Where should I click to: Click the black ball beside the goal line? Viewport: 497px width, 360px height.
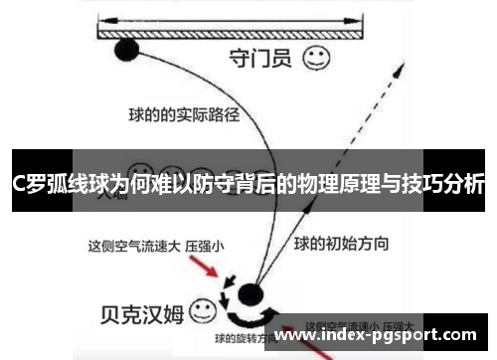[126, 49]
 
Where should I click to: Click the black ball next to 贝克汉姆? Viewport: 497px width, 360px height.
[248, 293]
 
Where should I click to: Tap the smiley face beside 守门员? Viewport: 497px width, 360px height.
[315, 58]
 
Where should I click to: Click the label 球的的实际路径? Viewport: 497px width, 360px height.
[183, 114]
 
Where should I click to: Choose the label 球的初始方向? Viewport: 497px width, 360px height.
[341, 243]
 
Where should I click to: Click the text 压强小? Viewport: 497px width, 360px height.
[205, 244]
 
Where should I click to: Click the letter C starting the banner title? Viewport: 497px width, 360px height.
[19, 186]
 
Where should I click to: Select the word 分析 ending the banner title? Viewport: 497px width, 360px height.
[463, 186]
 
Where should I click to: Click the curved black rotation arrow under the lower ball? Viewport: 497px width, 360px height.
[246, 317]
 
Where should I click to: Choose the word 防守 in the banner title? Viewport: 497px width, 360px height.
[207, 186]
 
